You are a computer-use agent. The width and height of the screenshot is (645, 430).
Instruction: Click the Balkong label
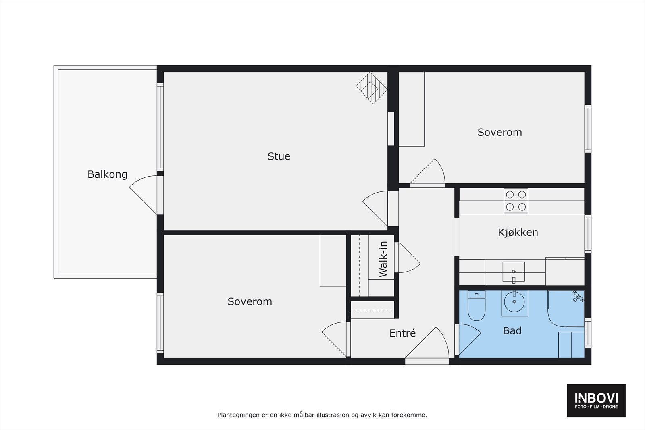107,174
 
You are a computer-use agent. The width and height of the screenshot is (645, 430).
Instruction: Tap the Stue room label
279,156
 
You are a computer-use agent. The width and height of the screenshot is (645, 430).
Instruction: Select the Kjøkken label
518,232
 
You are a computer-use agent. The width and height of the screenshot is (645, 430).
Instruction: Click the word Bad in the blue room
512,331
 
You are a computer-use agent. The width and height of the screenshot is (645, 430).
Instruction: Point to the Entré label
402,333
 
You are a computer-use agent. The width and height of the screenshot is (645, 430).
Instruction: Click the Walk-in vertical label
383,259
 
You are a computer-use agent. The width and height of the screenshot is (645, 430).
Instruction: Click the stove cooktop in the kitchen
516,201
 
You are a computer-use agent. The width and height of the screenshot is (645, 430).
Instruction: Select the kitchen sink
514,271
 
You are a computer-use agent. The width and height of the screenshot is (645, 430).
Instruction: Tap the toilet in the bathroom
476,307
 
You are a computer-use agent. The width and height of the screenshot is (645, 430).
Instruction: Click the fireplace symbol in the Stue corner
371,88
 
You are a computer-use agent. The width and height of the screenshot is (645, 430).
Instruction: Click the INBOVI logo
596,400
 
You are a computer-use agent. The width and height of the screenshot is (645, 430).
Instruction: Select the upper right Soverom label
499,132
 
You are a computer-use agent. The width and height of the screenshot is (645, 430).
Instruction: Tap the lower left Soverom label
250,301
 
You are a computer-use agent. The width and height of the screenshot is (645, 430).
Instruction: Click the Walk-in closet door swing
408,258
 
